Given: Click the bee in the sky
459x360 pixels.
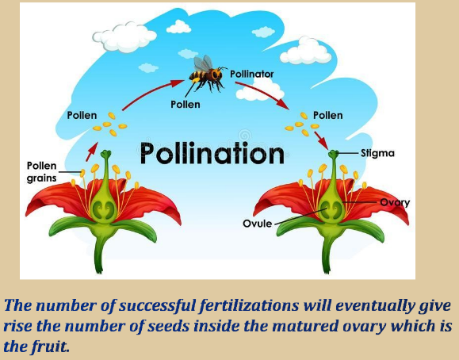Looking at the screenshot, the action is point(207,73).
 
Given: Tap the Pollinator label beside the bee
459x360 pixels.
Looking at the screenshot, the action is point(252,74).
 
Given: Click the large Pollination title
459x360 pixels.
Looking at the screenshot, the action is point(212,154).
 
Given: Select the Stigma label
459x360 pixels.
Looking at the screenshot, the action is point(377,153).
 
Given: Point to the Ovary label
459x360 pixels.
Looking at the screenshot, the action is point(395,203).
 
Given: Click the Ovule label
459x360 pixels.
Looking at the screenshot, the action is point(258,224).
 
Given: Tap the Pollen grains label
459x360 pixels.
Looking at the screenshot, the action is point(41,171).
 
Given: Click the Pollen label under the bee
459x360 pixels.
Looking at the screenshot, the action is point(186,105).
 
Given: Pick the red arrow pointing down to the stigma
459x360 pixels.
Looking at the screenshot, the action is point(321,140).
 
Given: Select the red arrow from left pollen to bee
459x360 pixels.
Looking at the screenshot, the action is point(151,91).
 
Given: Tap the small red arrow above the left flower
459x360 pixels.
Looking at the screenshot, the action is point(92,151).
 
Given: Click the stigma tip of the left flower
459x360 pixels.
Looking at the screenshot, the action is point(105,153).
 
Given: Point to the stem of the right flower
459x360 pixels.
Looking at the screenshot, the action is point(327,252).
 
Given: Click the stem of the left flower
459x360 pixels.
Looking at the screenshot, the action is point(100,252).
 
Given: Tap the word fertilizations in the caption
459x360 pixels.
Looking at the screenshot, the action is point(249,305).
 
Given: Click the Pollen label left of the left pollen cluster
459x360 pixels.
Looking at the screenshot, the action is point(82,115).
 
